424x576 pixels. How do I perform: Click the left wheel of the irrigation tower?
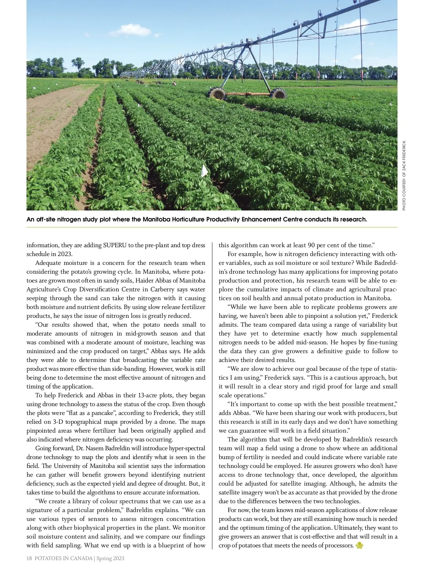[217, 93]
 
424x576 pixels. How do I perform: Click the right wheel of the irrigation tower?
[278, 94]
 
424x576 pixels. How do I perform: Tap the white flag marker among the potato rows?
[205, 171]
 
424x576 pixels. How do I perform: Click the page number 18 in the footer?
[29, 558]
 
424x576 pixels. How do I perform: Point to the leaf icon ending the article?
[359, 545]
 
